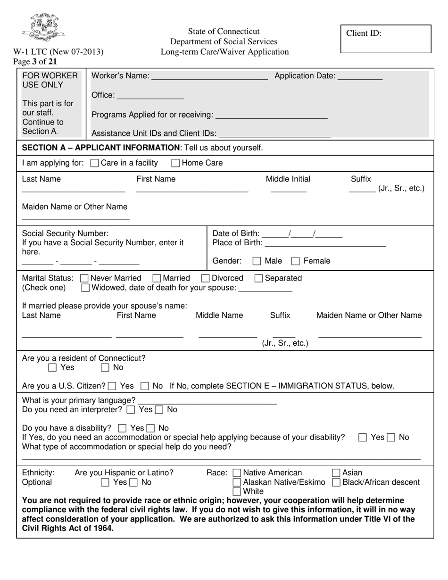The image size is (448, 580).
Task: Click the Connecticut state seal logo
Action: point(43,27)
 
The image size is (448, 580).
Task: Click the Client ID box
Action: point(386,39)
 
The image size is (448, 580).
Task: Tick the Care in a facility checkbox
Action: point(94,164)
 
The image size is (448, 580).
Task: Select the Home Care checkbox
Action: point(175,164)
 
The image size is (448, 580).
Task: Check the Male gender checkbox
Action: point(257,261)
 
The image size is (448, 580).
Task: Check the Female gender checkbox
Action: point(296,261)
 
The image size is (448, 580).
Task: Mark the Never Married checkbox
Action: point(85,279)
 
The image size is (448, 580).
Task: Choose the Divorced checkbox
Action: point(206,279)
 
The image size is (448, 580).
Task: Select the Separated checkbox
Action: point(258,279)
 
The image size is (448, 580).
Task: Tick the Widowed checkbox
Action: point(85,288)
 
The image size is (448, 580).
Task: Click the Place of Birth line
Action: point(325,245)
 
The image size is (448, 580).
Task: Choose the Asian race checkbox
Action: point(336,473)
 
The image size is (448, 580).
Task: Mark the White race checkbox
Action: point(237,492)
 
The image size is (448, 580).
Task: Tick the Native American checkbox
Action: point(237,473)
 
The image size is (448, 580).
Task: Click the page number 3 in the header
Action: point(34,61)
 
